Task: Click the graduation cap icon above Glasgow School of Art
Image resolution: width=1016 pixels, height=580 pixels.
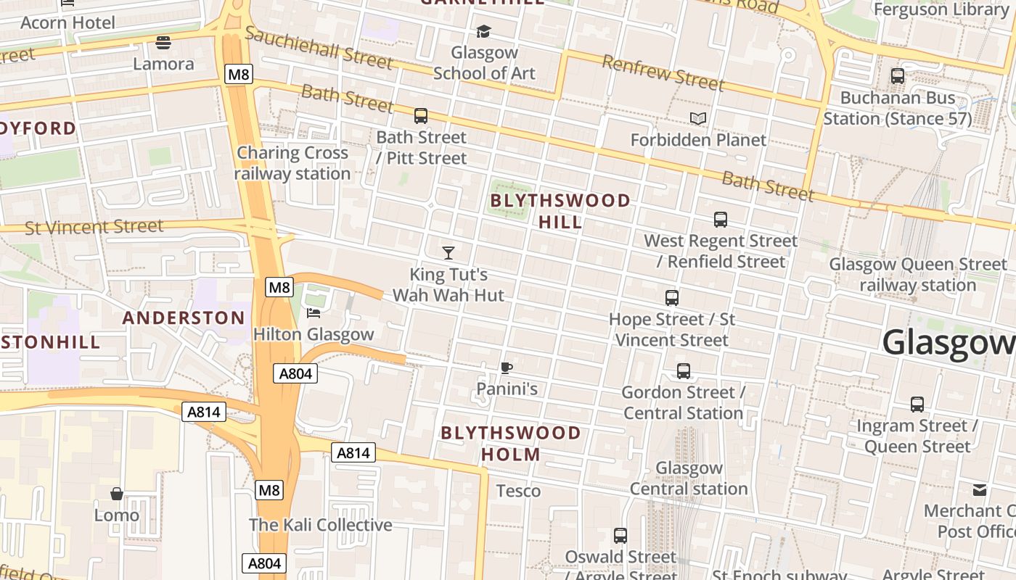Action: tap(483, 31)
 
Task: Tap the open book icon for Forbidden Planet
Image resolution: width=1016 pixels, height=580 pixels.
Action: tap(698, 118)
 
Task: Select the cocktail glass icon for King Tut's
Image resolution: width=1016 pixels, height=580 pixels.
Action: tap(448, 253)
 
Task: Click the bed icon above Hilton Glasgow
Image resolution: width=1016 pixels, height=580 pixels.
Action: tap(314, 313)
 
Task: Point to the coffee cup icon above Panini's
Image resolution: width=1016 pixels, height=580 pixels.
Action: tap(507, 368)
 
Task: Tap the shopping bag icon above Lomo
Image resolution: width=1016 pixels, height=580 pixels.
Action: tap(116, 494)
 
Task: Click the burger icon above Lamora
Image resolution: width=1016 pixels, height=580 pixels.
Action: tap(163, 43)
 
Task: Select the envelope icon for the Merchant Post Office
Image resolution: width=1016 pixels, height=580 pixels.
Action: tap(980, 490)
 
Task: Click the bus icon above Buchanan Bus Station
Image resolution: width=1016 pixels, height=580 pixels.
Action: tap(898, 76)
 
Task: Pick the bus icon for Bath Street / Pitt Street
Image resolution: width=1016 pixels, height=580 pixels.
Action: tap(421, 116)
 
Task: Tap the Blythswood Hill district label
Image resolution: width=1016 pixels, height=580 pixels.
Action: tap(560, 211)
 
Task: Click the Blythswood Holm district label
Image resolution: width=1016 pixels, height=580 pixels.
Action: tap(511, 444)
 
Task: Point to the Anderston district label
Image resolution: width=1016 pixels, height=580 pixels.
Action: tap(184, 318)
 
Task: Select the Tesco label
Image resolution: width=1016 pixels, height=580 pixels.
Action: tap(518, 491)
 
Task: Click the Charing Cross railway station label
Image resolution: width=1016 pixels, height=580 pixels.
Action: tap(292, 163)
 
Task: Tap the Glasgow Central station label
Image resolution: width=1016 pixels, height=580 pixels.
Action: tap(689, 478)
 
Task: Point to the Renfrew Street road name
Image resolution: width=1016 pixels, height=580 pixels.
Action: tap(663, 72)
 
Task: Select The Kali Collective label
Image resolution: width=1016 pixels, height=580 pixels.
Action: tap(320, 525)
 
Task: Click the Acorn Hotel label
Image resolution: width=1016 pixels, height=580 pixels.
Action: tap(67, 22)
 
